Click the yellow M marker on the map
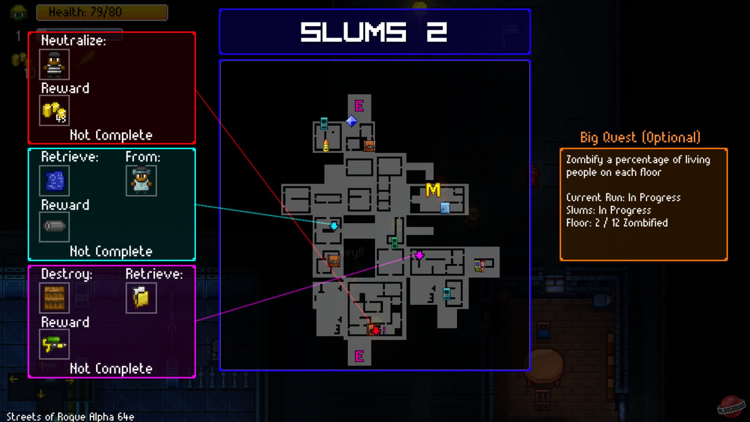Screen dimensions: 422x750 [433, 190]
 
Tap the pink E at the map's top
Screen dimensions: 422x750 [359, 106]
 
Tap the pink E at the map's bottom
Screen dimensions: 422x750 [359, 356]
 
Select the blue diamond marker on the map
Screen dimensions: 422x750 [352, 121]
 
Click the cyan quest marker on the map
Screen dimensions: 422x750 [334, 226]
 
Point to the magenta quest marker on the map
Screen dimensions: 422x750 [419, 256]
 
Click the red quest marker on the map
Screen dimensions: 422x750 [375, 331]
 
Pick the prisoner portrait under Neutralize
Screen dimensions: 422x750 [54, 64]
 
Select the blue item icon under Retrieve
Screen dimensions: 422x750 [54, 181]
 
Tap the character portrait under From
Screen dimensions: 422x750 [141, 181]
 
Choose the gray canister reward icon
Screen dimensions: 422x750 [54, 227]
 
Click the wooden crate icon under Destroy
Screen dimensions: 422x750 [54, 298]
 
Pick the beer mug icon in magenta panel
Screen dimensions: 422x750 [141, 298]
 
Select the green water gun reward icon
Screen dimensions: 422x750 [54, 344]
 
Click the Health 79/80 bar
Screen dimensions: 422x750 [102, 12]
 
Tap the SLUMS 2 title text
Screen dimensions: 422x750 [374, 32]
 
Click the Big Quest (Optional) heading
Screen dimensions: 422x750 [640, 138]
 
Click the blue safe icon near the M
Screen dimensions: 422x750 [445, 208]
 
